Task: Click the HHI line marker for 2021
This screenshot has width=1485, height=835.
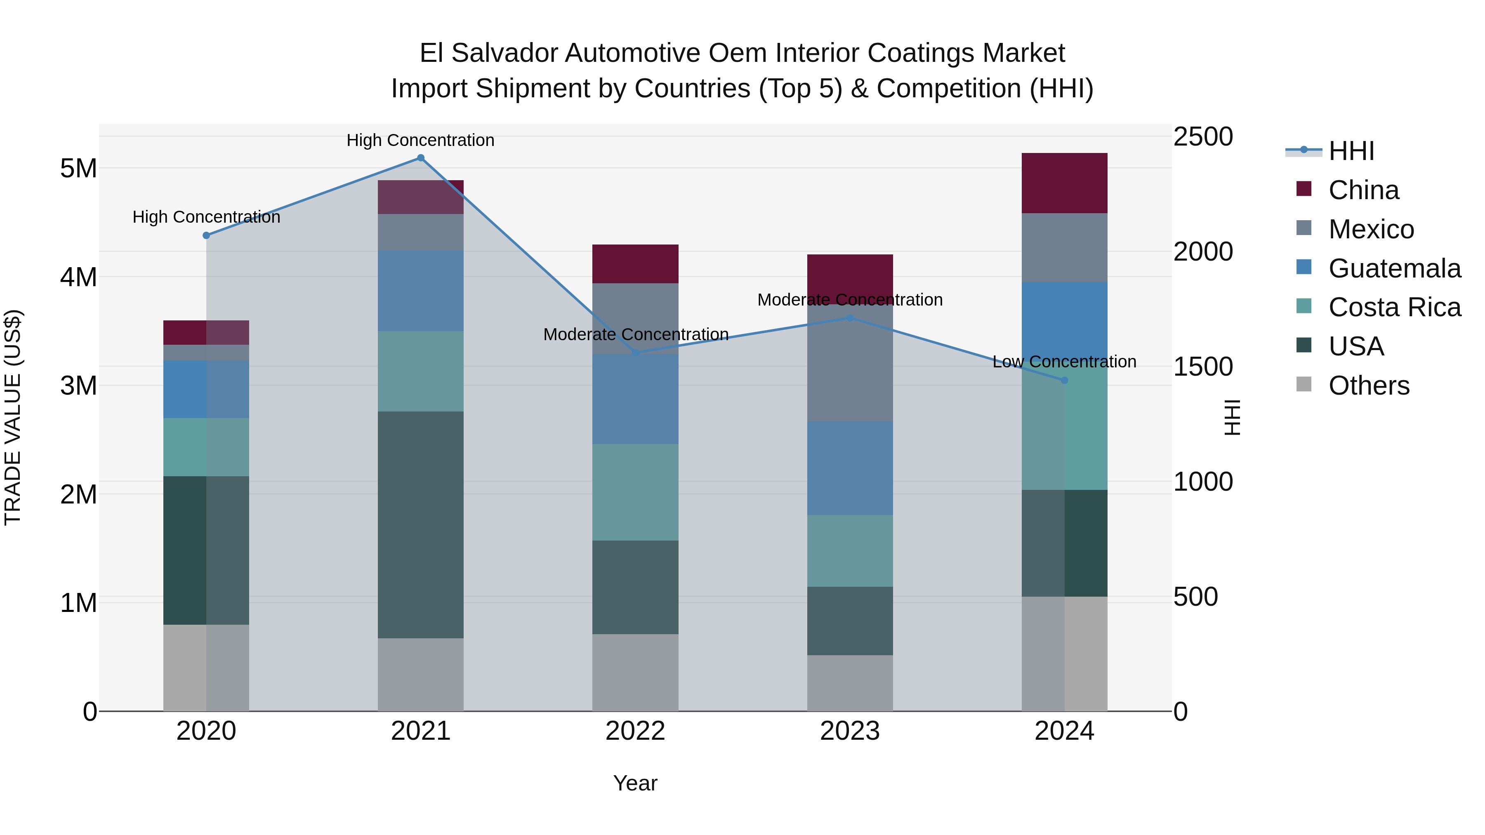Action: (x=420, y=158)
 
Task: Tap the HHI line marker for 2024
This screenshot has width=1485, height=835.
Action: (x=1064, y=380)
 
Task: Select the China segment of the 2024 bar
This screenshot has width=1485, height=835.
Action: (x=1064, y=183)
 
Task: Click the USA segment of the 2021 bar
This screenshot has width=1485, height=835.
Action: (x=420, y=525)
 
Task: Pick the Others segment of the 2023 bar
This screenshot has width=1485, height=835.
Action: (x=850, y=683)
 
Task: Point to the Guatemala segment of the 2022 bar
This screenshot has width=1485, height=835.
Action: (x=635, y=399)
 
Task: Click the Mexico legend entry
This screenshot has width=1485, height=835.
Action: (x=1371, y=229)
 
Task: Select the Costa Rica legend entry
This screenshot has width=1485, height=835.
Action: (x=1394, y=308)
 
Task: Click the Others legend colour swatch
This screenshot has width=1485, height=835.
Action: (x=1303, y=384)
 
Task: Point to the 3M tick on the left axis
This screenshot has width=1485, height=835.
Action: (x=78, y=386)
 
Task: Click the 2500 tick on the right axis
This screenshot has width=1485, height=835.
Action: (x=1203, y=137)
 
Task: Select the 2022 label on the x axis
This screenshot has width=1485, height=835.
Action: (x=635, y=731)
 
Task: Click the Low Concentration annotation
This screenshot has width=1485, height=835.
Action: (x=1064, y=362)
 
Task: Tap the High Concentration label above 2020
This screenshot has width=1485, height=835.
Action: (x=206, y=217)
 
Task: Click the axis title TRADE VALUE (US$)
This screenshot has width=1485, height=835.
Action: (x=13, y=417)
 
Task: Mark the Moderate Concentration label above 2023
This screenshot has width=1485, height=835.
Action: (x=850, y=300)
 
